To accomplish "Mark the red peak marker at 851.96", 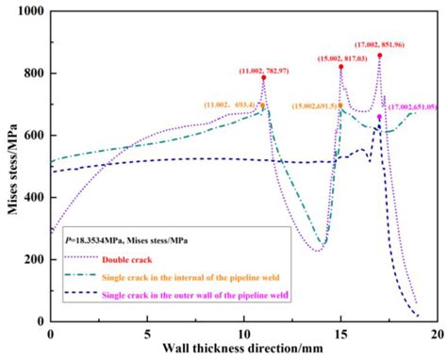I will point(379,56).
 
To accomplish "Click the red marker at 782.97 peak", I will point(263,78).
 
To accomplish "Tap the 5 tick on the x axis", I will point(147,335).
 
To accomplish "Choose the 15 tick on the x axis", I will point(340,335).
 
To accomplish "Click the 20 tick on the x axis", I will point(437,335).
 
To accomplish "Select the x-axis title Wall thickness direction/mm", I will point(243,351).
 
